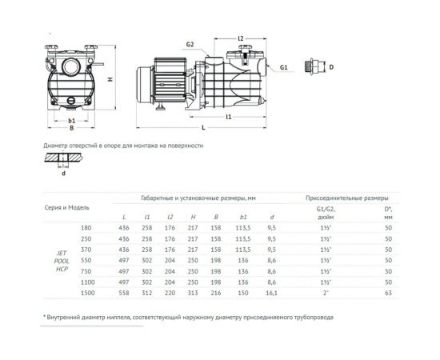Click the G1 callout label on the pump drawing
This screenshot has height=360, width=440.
pos(283,69)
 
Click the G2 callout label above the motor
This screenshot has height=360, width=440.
pos(190,44)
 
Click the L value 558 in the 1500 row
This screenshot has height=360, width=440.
pos(124,293)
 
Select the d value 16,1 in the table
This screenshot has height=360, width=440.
pos(271,293)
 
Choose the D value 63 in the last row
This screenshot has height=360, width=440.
pos(388,293)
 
